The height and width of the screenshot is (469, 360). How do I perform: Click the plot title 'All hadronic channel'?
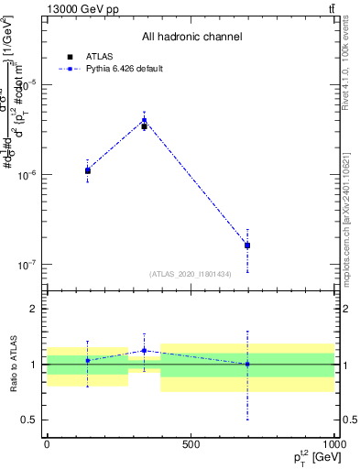point(191,38)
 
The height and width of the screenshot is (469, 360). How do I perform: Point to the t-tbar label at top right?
point(329,9)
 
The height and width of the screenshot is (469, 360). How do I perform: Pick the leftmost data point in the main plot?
point(88,170)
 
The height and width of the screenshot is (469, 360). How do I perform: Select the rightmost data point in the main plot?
point(247,245)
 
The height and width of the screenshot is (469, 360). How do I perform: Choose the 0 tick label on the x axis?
point(46,444)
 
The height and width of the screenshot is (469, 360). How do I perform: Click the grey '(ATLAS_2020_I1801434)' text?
point(190,274)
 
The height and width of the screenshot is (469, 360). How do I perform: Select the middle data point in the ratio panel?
point(144,351)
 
